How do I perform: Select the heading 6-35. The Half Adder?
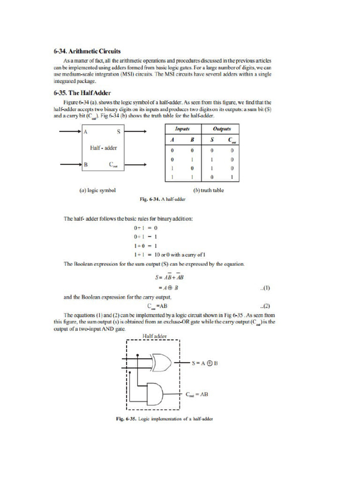(x=82, y=93)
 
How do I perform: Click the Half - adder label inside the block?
(x=103, y=148)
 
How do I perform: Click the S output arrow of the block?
(x=136, y=132)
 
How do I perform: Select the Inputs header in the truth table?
(x=182, y=129)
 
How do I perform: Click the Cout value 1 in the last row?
(x=232, y=177)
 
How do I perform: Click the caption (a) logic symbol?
(x=97, y=190)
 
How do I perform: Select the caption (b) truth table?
(x=209, y=190)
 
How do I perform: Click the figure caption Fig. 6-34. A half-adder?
(x=163, y=199)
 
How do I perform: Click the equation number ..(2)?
(x=264, y=306)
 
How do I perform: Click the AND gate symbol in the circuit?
(x=155, y=394)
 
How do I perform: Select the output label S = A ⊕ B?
(x=205, y=363)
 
